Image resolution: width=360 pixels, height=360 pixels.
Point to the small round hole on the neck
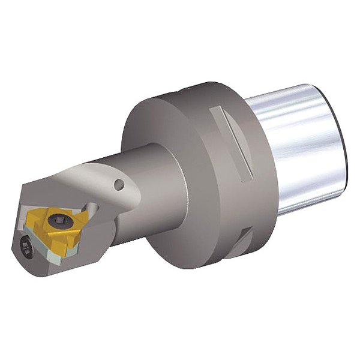[119, 185]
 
